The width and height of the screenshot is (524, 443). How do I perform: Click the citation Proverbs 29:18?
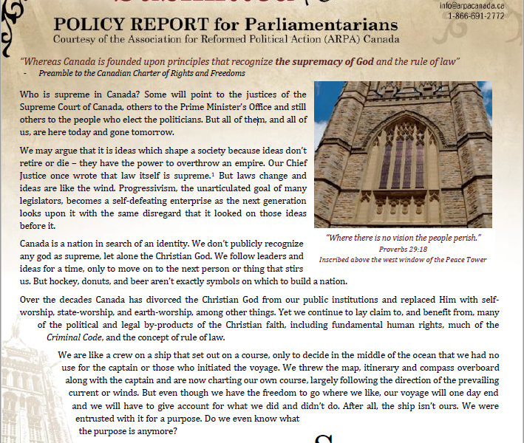404,250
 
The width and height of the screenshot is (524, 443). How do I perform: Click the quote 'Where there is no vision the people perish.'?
404,238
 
